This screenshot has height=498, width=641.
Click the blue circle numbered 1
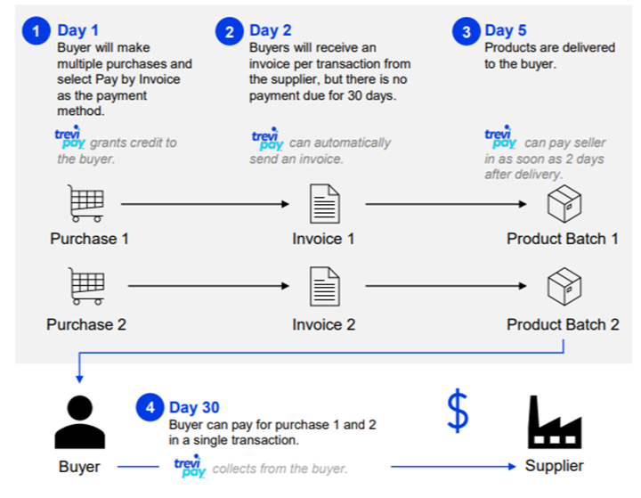[36, 33]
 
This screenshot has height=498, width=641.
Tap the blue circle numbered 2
[230, 33]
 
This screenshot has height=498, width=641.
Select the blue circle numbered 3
[466, 33]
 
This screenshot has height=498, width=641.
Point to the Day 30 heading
[194, 408]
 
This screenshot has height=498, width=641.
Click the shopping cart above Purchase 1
[86, 203]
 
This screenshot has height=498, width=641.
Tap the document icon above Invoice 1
[323, 204]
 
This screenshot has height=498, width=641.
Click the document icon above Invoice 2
[323, 287]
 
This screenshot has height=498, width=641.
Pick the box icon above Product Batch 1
[564, 204]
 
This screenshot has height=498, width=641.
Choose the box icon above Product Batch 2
[564, 287]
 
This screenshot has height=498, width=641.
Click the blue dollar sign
[457, 411]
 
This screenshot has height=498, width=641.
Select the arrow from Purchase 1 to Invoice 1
[205, 205]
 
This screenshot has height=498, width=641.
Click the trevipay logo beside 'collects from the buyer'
[189, 466]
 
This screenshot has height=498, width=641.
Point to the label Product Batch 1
[563, 239]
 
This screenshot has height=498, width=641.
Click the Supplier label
[554, 466]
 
